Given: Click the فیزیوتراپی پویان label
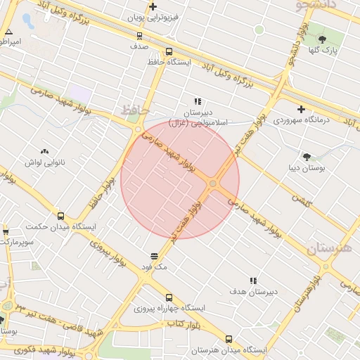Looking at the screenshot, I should point(153,16).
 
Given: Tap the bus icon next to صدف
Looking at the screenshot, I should point(139,35).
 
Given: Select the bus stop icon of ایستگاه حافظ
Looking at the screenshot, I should point(169,52).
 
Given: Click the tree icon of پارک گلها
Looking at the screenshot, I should point(322,39).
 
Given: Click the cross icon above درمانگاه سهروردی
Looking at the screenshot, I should point(301,109).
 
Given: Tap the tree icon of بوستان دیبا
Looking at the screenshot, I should point(307,156).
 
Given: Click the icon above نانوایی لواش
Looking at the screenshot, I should point(45,151).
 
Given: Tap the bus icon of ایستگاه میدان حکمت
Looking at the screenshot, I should point(60,217).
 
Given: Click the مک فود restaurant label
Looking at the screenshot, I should point(155,267).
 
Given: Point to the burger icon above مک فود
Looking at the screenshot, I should point(155,256).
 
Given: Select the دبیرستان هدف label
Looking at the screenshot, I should point(254,291).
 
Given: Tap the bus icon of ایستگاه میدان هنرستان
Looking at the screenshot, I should point(229,338).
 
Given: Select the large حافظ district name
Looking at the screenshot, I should point(135,110).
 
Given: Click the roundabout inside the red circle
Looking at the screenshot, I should point(213,184).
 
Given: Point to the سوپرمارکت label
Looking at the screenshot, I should point(15,241).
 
